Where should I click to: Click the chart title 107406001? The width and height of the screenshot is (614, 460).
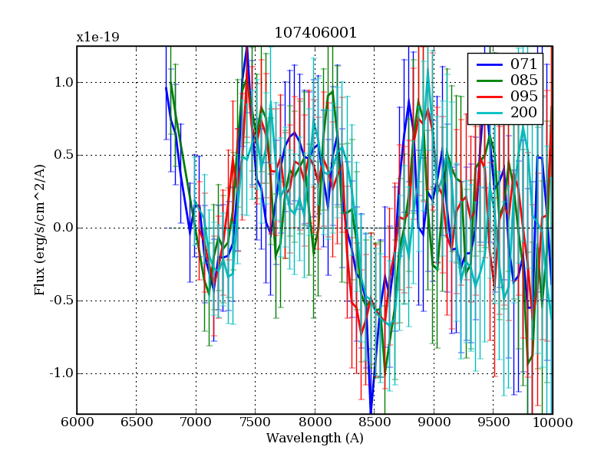315,34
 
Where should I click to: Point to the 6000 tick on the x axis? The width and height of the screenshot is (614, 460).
77,422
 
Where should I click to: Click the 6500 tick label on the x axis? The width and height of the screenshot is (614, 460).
136,422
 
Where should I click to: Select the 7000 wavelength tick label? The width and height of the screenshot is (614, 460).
196,422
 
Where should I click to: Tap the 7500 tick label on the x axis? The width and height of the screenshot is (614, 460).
255,422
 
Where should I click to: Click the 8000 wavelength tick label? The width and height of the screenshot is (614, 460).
315,422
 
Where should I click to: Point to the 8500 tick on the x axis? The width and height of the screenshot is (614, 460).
374,422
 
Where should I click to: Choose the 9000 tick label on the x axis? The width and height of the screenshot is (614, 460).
434,422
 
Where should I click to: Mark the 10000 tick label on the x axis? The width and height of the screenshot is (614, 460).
550,422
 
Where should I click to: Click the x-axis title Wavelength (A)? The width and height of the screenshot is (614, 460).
315,439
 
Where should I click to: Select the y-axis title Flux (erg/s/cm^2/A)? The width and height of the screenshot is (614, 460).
40,230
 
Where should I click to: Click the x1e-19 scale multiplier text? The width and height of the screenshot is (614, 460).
97,37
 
